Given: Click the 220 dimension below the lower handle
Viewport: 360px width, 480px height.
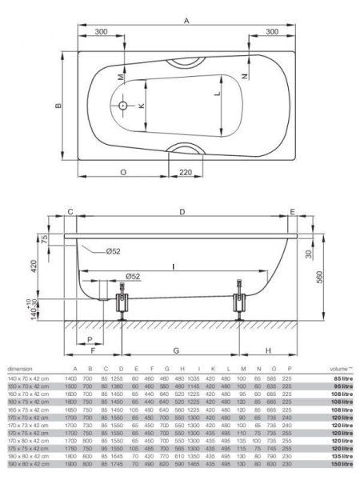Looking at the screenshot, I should click(186, 172).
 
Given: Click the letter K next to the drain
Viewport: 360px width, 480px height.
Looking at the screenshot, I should click(142, 106).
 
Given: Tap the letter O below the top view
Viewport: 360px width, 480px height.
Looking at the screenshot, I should click(123, 172).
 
